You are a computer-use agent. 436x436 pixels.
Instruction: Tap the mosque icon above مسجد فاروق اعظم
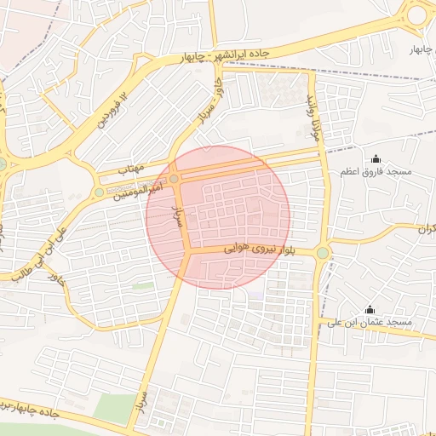point(376,158)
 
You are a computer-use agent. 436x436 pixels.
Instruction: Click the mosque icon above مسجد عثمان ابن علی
point(370,309)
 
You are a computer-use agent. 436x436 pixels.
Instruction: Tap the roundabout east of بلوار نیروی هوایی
point(323,252)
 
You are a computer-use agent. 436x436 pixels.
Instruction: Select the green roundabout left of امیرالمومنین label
point(100,193)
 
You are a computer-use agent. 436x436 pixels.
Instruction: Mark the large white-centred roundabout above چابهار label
point(417,14)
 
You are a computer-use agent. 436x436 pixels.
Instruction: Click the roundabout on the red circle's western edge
point(174,179)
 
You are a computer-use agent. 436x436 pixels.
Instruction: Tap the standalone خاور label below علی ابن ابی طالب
point(56,278)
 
